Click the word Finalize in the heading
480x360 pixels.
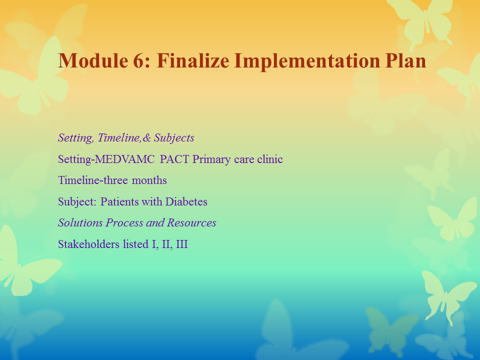point(193,60)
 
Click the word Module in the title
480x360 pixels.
point(93,60)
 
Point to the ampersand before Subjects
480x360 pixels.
point(146,138)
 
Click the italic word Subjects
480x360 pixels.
point(174,138)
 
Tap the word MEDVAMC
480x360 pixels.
point(125,159)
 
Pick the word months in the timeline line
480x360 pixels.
point(149,180)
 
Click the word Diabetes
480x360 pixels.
point(186,201)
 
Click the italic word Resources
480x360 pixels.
point(191,223)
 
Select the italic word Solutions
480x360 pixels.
point(80,223)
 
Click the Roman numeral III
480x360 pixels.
point(182,244)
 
